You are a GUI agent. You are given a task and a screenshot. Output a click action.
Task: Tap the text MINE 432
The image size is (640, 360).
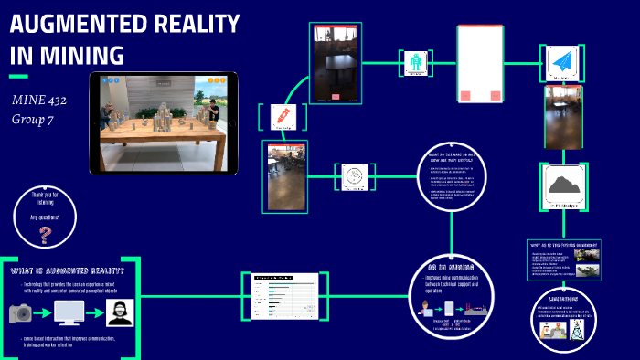[38, 100]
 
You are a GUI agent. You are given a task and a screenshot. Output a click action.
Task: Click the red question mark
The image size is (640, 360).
[45, 237]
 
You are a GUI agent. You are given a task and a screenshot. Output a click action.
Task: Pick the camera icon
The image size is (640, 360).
[20, 313]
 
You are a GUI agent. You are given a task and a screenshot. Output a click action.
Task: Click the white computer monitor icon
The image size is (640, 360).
[69, 313]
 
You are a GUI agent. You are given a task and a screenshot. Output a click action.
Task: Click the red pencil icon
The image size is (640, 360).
[280, 116]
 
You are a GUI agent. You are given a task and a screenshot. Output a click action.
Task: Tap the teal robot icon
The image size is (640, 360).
[417, 63]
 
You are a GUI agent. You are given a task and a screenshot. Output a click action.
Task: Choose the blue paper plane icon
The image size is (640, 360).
[560, 64]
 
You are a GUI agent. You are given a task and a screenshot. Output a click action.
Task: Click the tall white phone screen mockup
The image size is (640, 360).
[480, 62]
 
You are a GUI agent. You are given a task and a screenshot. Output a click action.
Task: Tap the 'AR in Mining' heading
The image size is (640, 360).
[450, 268]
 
